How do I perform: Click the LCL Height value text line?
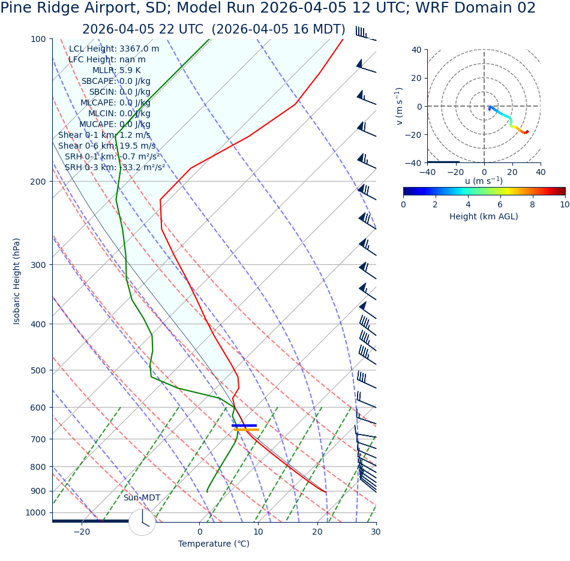114,49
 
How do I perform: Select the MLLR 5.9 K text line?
116,71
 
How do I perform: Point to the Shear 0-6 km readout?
107,146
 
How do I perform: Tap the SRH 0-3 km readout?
115,168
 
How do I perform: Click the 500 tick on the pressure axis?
38,370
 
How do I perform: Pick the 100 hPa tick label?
38,39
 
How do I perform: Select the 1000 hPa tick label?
36,512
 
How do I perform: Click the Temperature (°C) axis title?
214,544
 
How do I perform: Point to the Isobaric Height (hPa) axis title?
17,281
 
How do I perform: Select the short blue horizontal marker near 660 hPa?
244,426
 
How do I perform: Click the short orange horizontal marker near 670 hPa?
247,430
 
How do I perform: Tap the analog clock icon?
142,522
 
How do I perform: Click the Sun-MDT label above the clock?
142,498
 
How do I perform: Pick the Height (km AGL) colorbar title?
484,217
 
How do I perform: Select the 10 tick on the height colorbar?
565,204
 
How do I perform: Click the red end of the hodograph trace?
526,132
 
